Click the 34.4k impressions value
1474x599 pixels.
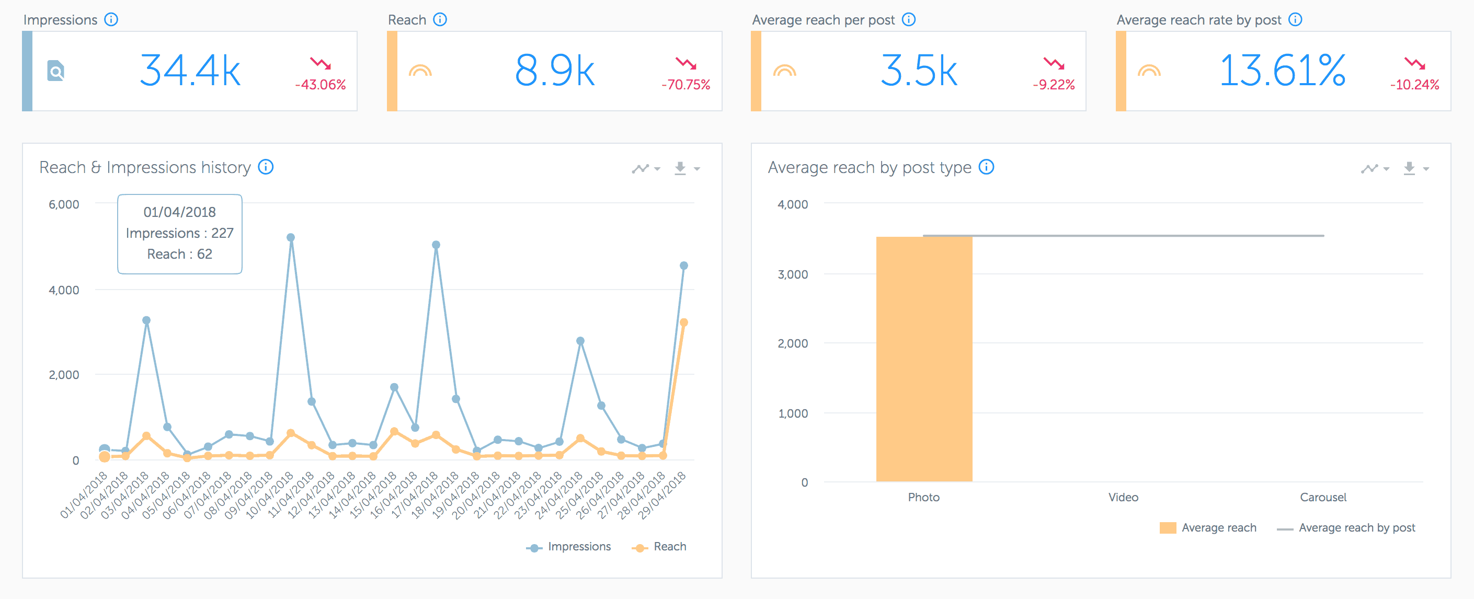click(190, 71)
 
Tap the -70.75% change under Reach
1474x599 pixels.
click(685, 85)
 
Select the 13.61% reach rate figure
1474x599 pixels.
click(1282, 71)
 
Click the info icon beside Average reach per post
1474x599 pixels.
click(909, 19)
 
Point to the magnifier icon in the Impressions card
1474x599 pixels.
click(55, 72)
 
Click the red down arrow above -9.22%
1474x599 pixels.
click(1053, 63)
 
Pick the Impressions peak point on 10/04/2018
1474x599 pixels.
click(291, 237)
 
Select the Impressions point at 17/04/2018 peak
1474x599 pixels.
click(436, 245)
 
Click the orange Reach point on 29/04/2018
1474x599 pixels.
click(683, 322)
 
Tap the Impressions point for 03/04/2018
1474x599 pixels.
click(146, 320)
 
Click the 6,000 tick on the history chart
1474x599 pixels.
click(63, 204)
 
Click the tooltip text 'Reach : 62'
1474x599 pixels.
click(179, 254)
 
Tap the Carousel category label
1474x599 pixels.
click(1322, 497)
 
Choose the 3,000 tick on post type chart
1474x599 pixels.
click(793, 274)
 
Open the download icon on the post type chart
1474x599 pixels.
click(1409, 168)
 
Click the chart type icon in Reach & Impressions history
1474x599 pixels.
click(641, 168)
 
